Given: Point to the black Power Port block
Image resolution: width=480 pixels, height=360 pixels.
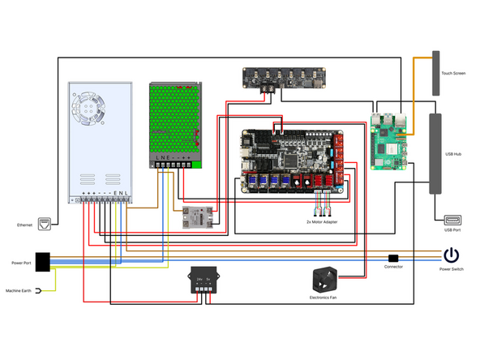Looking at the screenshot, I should (42, 262).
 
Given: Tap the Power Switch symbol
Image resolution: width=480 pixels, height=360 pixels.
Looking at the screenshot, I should (452, 256).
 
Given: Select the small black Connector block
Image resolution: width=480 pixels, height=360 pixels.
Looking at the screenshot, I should (393, 258).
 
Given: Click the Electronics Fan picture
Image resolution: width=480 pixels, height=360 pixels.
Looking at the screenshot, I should (326, 281).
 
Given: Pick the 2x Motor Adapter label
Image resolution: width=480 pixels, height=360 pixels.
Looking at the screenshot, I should (321, 221).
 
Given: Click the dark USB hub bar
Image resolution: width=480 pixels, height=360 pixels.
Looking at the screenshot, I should (435, 153).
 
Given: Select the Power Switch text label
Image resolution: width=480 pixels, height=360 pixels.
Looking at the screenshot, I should (452, 268).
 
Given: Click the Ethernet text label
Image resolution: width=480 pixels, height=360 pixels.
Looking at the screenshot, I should (24, 225).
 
